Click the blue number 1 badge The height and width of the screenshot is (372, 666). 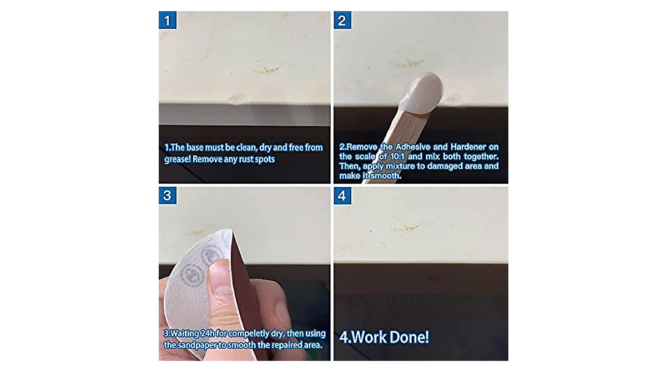168,21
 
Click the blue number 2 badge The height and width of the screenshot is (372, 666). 342,21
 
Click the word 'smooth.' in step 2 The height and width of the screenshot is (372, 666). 384,176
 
